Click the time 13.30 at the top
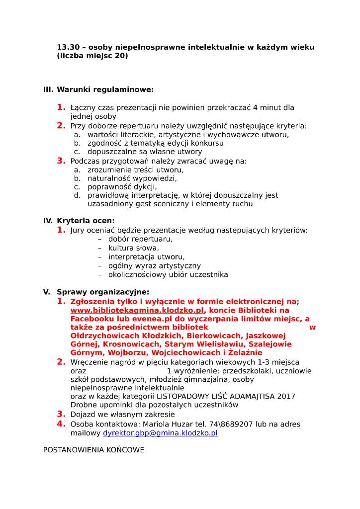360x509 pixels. pos(67,47)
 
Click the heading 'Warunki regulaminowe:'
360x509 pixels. pos(105,89)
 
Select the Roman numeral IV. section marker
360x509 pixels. pos(48,220)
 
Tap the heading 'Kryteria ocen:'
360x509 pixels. pos(86,220)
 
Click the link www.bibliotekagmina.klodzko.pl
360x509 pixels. pos(137,310)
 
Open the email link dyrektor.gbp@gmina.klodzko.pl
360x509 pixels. pos(160,433)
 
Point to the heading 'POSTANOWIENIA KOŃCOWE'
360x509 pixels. pos(93,450)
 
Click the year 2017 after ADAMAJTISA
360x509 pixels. pos(286,396)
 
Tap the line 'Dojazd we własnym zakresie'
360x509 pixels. pos(122,414)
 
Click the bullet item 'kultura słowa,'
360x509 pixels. pos(134,248)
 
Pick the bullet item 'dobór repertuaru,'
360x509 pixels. pos(140,239)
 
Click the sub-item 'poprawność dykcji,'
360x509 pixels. pos(122,186)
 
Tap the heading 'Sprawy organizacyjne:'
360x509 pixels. pos(103,292)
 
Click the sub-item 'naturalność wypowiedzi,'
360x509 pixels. pos(132,177)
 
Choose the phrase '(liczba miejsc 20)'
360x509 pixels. pos(92,56)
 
